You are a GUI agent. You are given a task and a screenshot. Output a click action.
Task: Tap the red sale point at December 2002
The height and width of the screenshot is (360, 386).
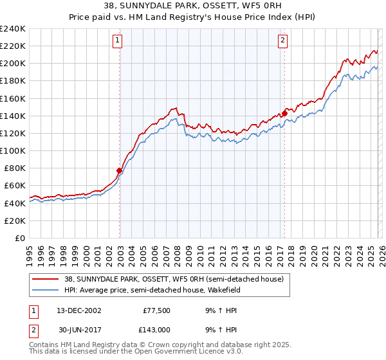(120, 170)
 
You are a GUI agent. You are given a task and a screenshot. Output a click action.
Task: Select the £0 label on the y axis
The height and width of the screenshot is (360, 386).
(20, 238)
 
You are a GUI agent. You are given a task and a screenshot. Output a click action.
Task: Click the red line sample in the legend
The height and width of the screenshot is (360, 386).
(46, 278)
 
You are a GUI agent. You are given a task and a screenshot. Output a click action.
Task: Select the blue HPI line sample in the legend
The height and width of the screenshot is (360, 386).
(46, 289)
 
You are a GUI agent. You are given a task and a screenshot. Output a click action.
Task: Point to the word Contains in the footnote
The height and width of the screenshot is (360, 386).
(46, 346)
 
